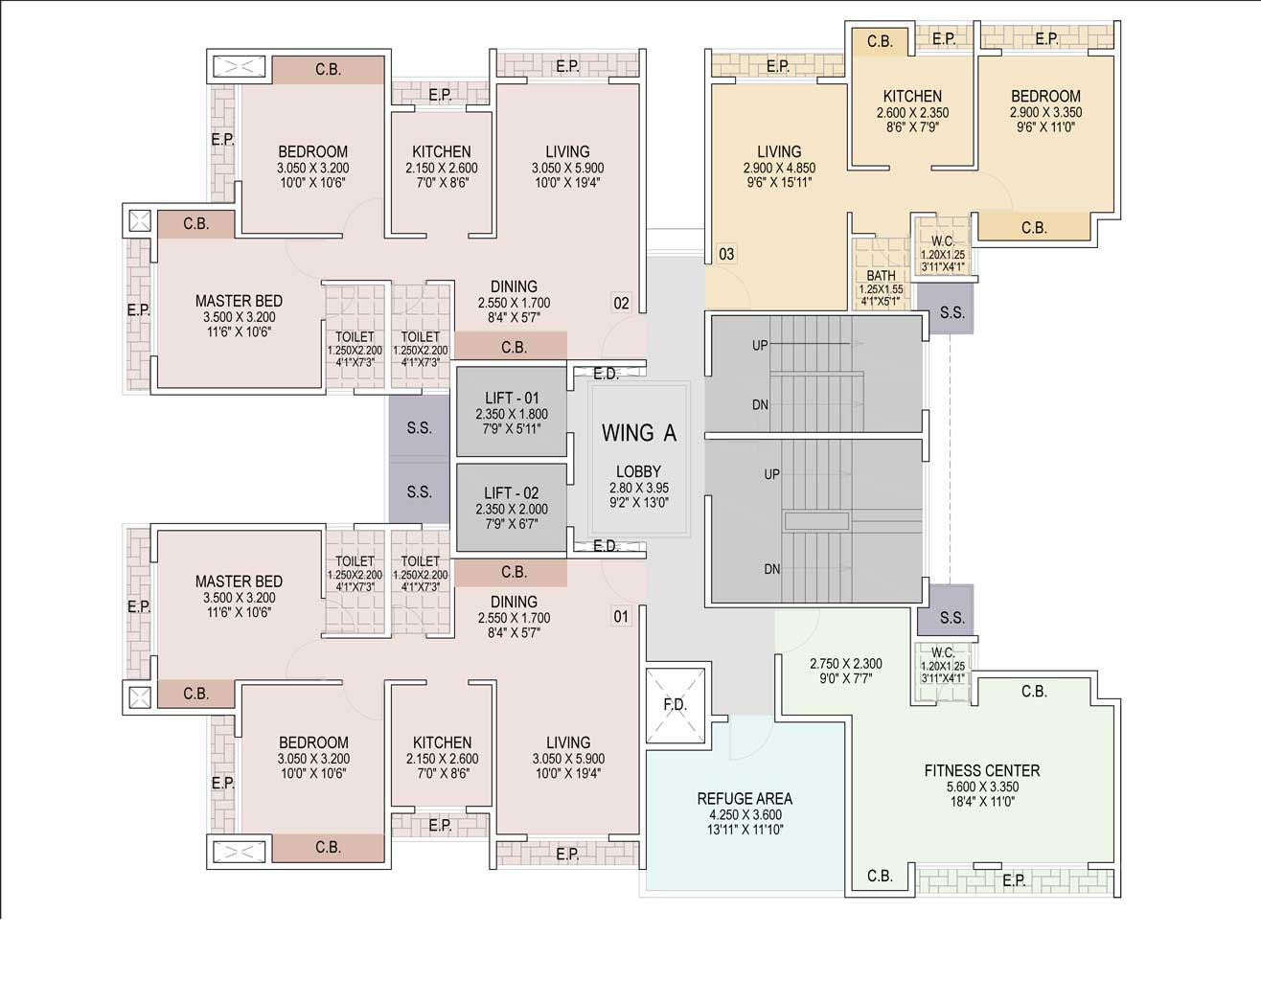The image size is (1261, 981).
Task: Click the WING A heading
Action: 638,433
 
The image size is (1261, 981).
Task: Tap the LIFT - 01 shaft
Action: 512,411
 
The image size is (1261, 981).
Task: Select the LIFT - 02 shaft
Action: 512,507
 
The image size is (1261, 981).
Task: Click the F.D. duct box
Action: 675,705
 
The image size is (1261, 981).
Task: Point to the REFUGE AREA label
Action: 745,799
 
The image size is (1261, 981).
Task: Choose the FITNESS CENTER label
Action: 982,770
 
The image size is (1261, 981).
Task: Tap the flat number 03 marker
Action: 726,254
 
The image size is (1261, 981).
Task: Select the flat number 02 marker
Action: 621,303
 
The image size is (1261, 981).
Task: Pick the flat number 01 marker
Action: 621,616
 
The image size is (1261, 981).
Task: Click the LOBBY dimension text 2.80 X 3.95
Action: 638,488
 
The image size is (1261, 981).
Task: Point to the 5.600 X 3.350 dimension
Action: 982,787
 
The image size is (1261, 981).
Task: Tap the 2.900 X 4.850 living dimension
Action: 779,168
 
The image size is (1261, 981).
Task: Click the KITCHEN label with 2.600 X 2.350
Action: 912,96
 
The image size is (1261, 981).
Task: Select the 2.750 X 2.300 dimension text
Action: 845,664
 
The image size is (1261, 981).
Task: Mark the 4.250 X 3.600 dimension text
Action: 745,814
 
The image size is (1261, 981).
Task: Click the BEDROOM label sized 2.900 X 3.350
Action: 1045,96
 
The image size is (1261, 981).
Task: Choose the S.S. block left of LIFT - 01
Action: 419,427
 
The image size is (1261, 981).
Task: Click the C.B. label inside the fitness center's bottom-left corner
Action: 880,876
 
